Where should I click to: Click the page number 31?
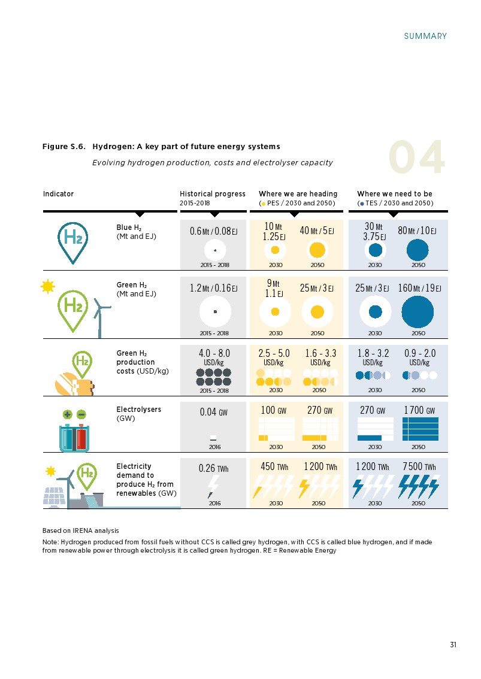[x=453, y=644]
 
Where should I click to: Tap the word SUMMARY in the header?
[x=425, y=36]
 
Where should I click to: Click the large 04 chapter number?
[x=417, y=159]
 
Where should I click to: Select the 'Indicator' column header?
[x=58, y=194]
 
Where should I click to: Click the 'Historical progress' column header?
[x=213, y=194]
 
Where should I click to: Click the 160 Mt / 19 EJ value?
[x=419, y=289]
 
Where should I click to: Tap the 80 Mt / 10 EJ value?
[x=417, y=231]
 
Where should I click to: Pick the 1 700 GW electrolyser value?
[x=420, y=411]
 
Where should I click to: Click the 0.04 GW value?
[x=213, y=412]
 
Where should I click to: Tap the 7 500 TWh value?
[x=419, y=467]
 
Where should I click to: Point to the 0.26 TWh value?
[x=213, y=468]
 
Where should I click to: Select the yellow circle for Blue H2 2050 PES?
[x=317, y=250]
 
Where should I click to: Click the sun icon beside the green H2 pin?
[x=47, y=287]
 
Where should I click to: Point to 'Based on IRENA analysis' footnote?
[x=80, y=531]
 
